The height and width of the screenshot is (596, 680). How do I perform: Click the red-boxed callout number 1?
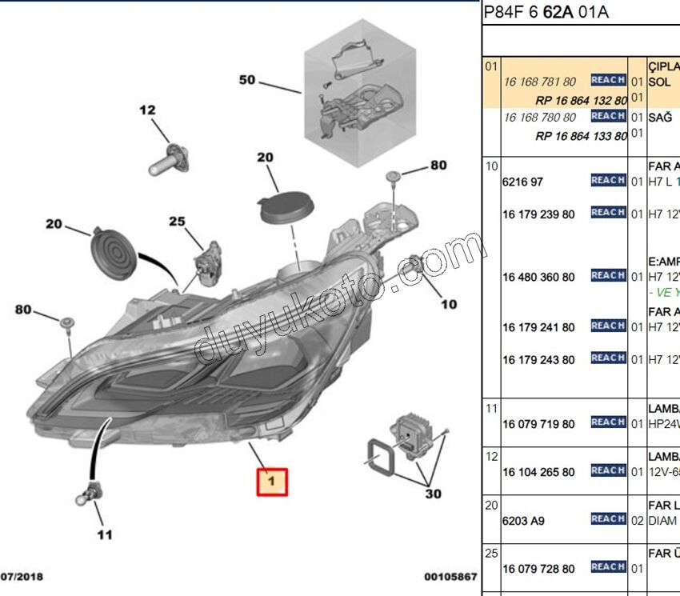pos(271,481)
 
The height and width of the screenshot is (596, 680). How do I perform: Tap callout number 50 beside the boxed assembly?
pos(246,80)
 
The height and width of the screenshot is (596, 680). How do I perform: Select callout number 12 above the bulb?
pos(148,110)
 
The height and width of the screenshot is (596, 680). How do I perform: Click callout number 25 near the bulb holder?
pos(177,222)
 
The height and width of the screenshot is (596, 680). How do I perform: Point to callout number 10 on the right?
pos(449,304)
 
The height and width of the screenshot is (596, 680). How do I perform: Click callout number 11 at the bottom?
pos(105,534)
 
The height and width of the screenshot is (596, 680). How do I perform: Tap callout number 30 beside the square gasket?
pos(433,494)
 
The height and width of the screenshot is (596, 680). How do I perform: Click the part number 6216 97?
pos(522,182)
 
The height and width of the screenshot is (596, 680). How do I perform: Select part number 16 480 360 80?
pos(538,278)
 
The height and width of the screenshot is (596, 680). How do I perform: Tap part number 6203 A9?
pos(523,521)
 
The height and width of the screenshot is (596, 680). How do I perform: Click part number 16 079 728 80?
pos(538,569)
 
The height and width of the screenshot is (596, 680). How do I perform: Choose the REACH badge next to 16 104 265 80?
pos(608,470)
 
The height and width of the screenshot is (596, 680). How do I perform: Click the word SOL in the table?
pos(659,82)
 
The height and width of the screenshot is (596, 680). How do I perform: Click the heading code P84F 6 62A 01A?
pos(546,12)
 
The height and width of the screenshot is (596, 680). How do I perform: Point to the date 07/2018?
pos(22,576)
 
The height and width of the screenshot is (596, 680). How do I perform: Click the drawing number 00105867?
pos(450,576)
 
